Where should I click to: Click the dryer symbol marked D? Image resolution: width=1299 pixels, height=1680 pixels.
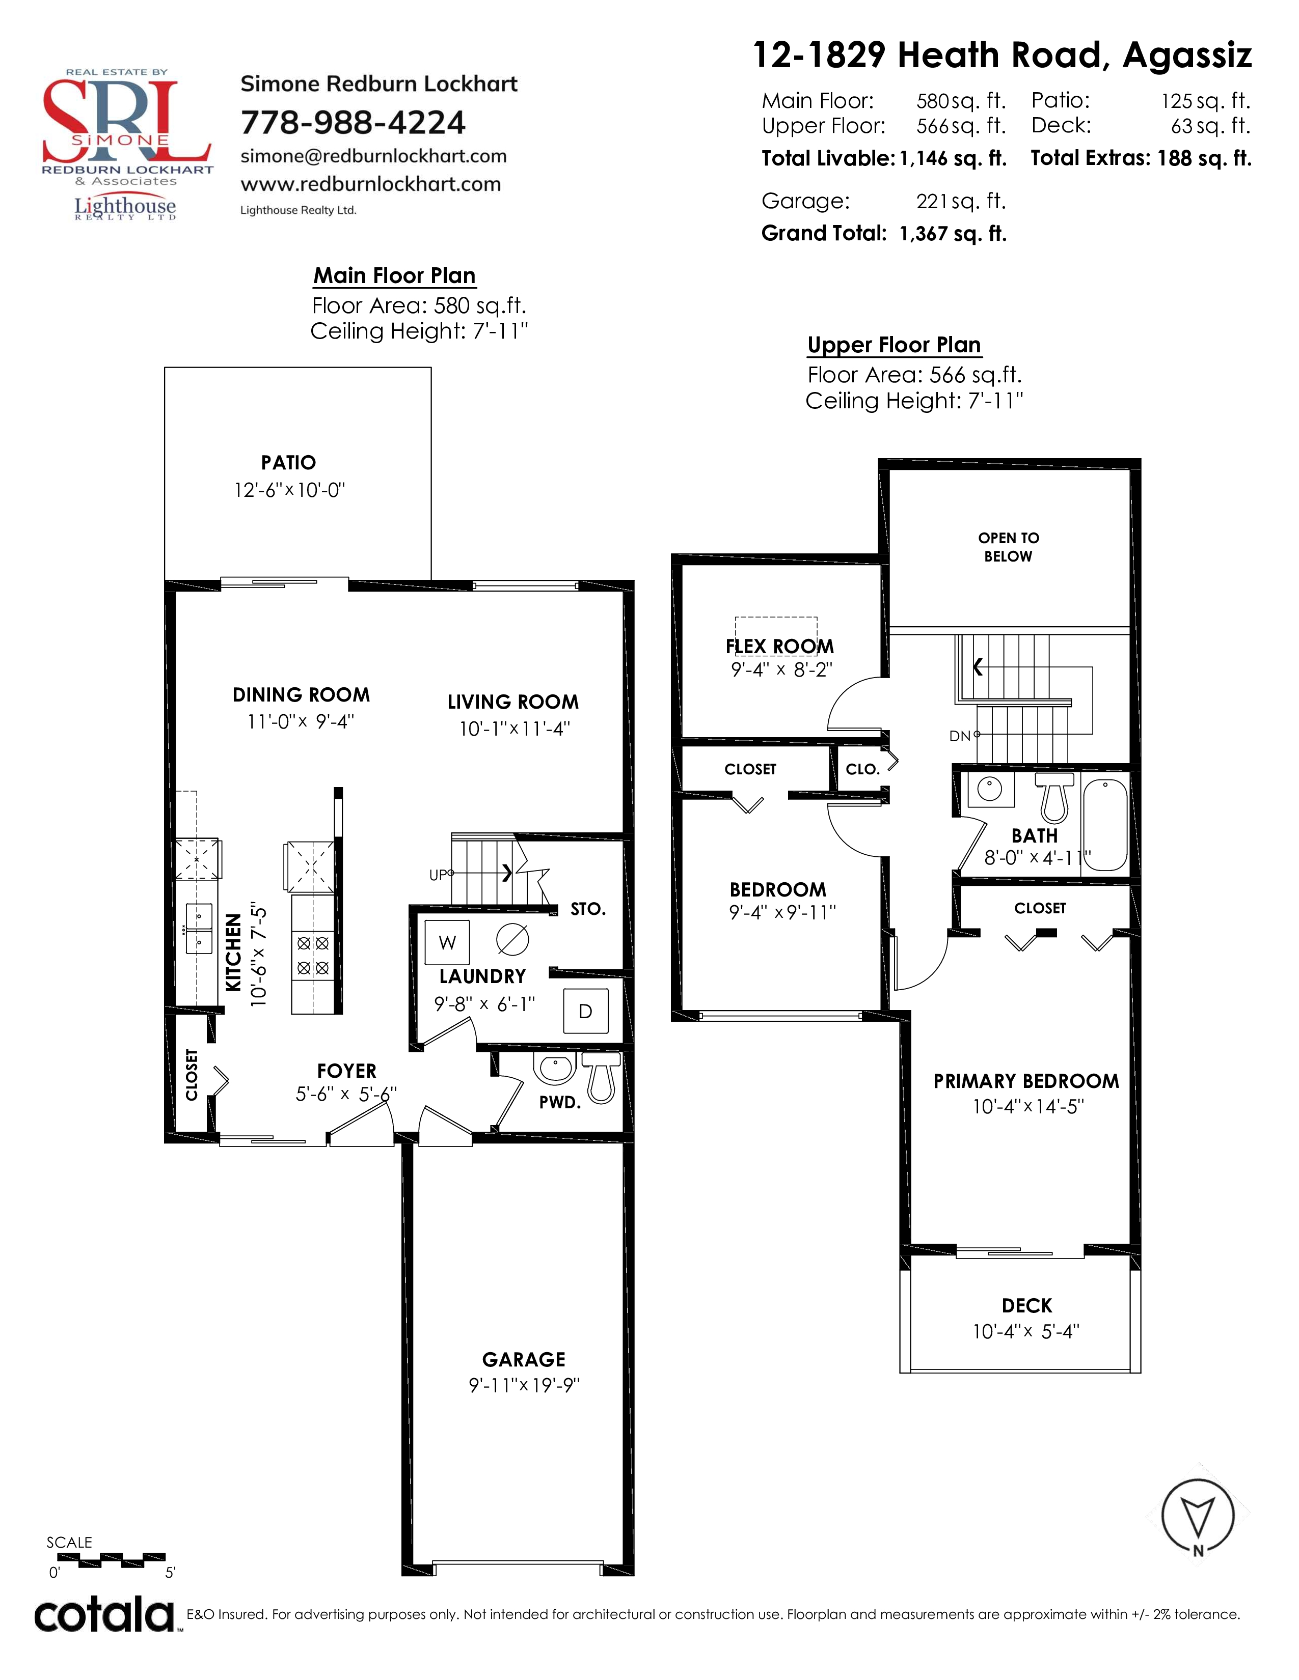[586, 1011]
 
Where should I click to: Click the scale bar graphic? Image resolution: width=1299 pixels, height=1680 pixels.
[112, 1558]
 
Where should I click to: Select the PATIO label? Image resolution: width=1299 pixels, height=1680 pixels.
[288, 462]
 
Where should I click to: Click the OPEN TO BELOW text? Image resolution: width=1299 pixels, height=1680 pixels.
[1008, 547]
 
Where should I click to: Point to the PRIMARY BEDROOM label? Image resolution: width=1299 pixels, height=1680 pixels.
[1026, 1081]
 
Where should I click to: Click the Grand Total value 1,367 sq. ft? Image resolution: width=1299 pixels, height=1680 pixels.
[953, 234]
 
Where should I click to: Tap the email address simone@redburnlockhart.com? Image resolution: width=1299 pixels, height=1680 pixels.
[374, 156]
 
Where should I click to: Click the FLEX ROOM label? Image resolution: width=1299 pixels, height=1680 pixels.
[779, 646]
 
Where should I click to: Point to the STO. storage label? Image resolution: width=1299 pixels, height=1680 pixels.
[588, 909]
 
